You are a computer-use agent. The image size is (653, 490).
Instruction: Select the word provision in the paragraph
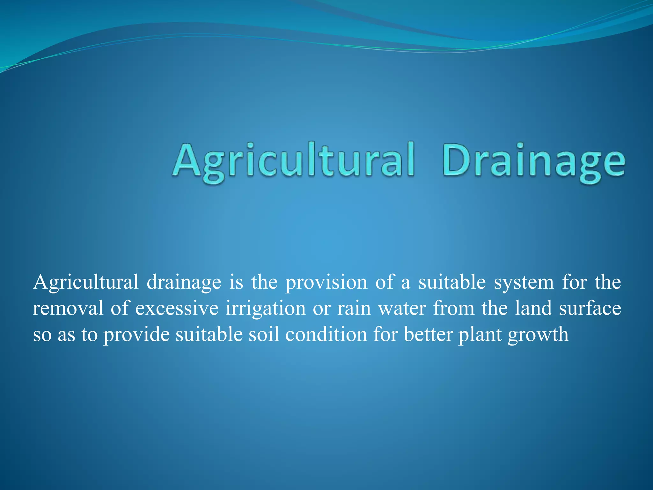coord(326,283)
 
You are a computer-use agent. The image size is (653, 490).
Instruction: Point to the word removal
coord(68,308)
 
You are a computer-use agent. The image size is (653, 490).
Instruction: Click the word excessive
coord(177,308)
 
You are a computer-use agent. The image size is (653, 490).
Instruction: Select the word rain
coord(354,308)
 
